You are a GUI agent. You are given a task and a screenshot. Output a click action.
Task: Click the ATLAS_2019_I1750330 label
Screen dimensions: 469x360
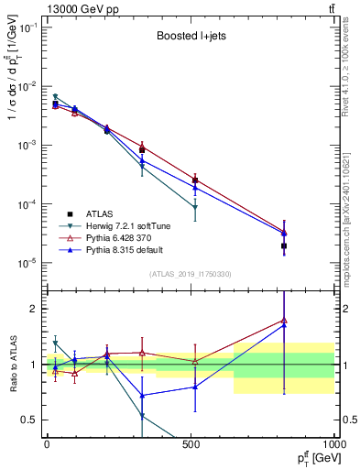coord(190,274)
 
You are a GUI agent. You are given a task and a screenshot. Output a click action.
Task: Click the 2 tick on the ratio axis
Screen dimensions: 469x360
coord(35,309)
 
